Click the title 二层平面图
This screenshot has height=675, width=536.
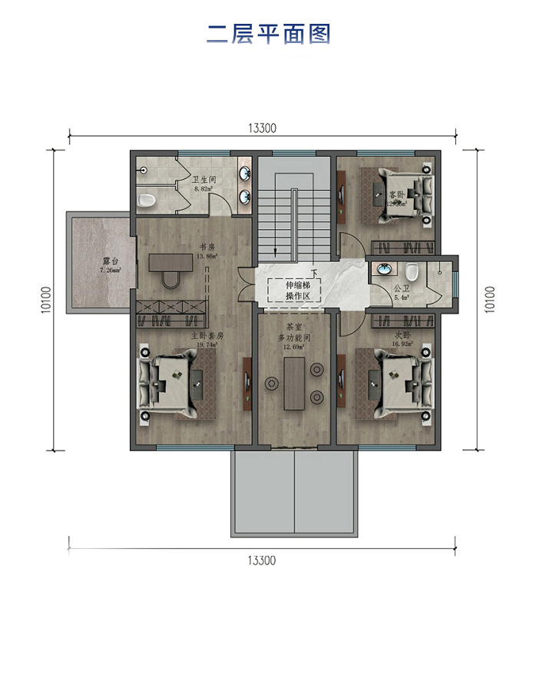[268, 35]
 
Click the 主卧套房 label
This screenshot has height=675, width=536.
[206, 336]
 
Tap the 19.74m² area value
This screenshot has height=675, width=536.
[206, 345]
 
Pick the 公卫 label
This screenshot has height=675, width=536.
[402, 289]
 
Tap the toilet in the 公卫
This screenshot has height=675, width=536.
[412, 272]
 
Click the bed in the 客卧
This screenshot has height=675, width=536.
[399, 194]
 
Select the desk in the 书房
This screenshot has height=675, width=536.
[168, 264]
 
